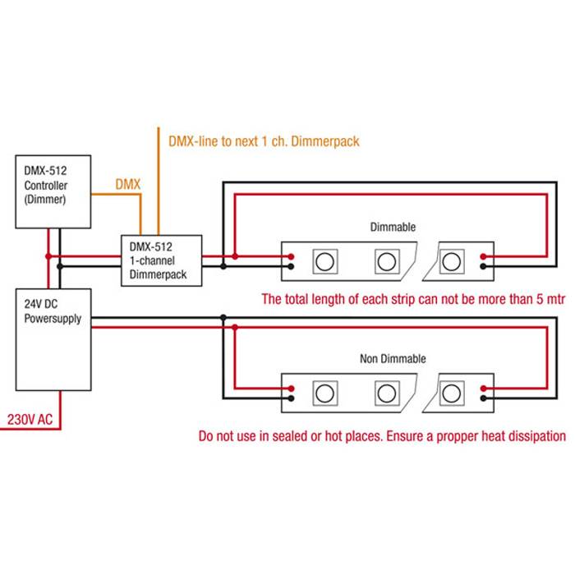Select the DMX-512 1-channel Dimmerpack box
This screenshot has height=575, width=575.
[159, 261]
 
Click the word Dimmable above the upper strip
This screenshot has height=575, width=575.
[393, 227]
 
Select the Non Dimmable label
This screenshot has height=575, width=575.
[393, 359]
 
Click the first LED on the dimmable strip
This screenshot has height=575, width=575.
[324, 261]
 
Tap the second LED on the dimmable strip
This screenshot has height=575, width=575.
[386, 261]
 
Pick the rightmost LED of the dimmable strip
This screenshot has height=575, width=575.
[450, 261]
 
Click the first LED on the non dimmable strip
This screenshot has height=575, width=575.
[324, 392]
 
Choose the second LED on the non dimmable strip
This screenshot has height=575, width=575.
[386, 392]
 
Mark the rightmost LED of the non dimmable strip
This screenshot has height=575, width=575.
[450, 392]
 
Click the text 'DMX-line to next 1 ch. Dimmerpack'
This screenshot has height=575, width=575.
[263, 141]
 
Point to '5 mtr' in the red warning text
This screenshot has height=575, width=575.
[545, 299]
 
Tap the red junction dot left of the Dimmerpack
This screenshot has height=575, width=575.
[48, 256]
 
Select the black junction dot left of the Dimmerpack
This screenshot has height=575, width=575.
[61, 266]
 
